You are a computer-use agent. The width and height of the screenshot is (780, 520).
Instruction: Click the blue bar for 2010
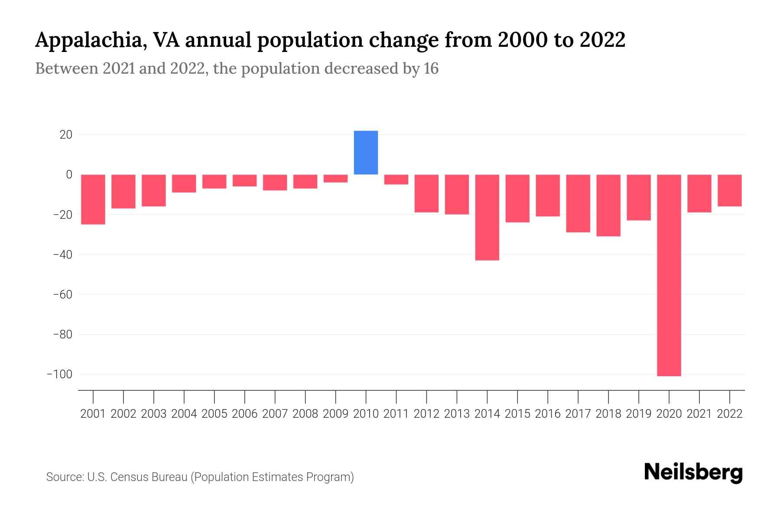pos(366,153)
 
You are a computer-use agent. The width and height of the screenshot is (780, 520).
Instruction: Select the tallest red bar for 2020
pos(669,275)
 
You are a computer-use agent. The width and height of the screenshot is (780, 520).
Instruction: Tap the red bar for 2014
pos(487,217)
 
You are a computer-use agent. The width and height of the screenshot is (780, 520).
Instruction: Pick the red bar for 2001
pos(93,199)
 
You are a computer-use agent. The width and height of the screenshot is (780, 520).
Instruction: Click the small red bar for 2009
pos(335,179)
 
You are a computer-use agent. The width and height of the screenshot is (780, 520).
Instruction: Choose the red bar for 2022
pos(730,190)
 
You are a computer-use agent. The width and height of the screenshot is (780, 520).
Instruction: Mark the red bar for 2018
pos(608,205)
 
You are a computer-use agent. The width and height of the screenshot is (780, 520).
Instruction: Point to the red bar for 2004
pos(184,183)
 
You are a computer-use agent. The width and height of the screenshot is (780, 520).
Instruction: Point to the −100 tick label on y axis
pos(59,374)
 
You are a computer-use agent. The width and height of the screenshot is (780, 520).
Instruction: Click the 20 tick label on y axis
pos(66,135)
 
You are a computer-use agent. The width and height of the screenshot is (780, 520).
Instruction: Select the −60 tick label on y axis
pos(62,295)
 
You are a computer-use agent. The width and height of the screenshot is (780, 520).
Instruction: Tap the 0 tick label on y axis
pos(69,175)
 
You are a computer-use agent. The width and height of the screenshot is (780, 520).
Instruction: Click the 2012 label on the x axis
pos(426,414)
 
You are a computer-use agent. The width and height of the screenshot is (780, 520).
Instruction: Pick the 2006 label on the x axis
pos(245,414)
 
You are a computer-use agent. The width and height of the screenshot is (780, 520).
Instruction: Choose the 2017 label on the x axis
pos(578,414)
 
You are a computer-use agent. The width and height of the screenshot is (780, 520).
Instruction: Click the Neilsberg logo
pos(693,473)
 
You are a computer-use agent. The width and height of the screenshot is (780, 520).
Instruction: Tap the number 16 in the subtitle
pos(431,68)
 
